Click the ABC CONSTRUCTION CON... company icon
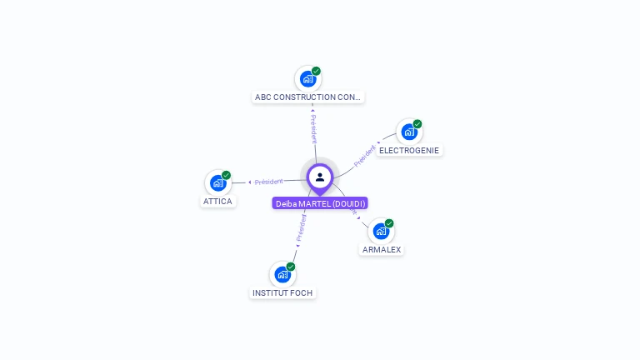pos(307,79)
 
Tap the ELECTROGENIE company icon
pos(408,132)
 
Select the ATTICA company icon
pos(217,182)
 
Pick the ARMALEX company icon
pos(381,231)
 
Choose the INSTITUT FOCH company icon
pos(282,274)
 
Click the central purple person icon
pos(320,177)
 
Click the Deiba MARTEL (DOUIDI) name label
pos(320,203)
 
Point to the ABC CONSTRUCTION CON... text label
pos(308,97)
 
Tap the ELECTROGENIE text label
pos(408,151)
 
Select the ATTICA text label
pos(218,202)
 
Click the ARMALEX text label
pos(382,249)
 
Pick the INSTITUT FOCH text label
pos(282,292)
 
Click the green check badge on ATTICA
pos(226,175)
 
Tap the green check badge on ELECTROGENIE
pos(417,124)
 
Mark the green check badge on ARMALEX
pos(389,223)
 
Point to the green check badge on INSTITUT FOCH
pos(291,267)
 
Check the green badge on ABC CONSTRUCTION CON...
pos(317,71)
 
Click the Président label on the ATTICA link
pos(268,181)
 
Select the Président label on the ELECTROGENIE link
pos(365,157)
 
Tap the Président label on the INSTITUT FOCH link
pos(301,227)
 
